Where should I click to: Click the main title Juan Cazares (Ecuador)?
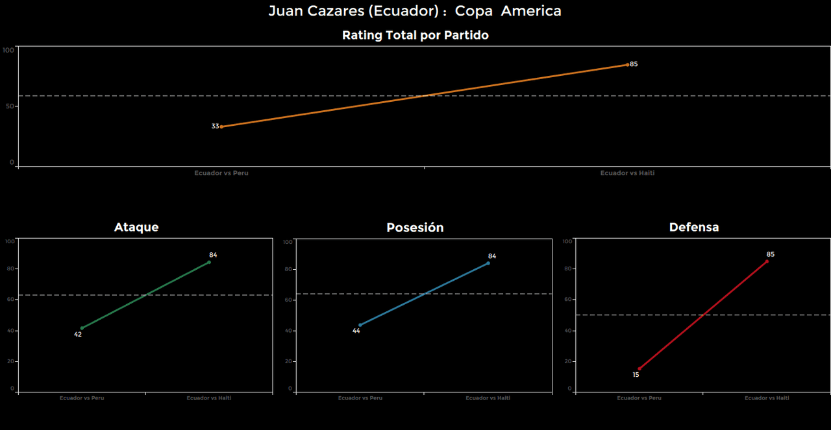(x=415, y=11)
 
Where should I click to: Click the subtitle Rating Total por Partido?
(x=415, y=36)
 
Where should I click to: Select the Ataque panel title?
(x=136, y=227)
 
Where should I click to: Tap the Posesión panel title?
(x=415, y=228)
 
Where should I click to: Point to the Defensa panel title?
(x=694, y=227)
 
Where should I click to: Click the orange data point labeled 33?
(x=221, y=126)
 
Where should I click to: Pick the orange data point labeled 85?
(x=627, y=65)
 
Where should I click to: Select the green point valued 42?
(x=81, y=328)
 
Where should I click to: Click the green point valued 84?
(x=209, y=262)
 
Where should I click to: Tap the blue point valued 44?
(x=360, y=325)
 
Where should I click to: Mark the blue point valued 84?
(x=488, y=263)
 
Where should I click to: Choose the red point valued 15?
(x=639, y=369)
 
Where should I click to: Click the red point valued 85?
(x=767, y=261)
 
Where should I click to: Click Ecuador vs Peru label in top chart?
(x=221, y=173)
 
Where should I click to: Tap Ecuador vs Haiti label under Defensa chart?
(x=767, y=398)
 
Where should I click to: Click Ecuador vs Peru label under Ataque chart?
(x=82, y=398)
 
